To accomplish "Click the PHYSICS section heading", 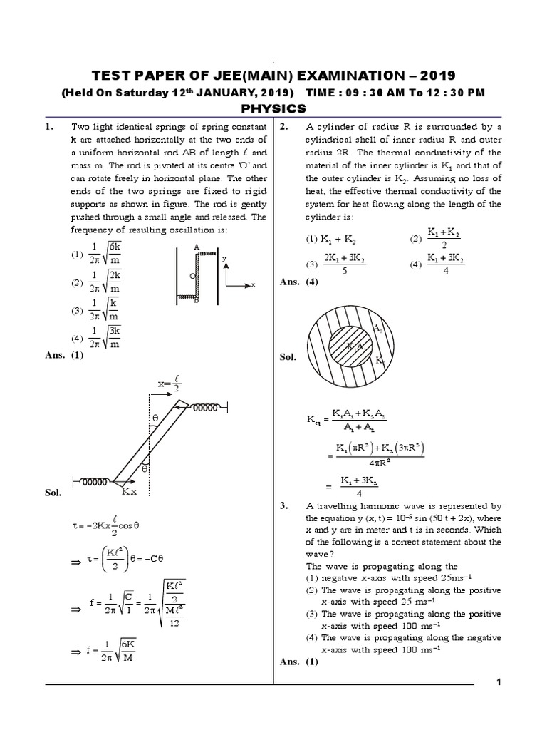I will click(x=273, y=108).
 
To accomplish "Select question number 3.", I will click(x=283, y=505).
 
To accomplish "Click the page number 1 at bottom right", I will click(x=499, y=682).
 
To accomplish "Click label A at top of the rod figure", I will click(x=194, y=245).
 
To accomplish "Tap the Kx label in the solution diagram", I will click(x=130, y=491).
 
